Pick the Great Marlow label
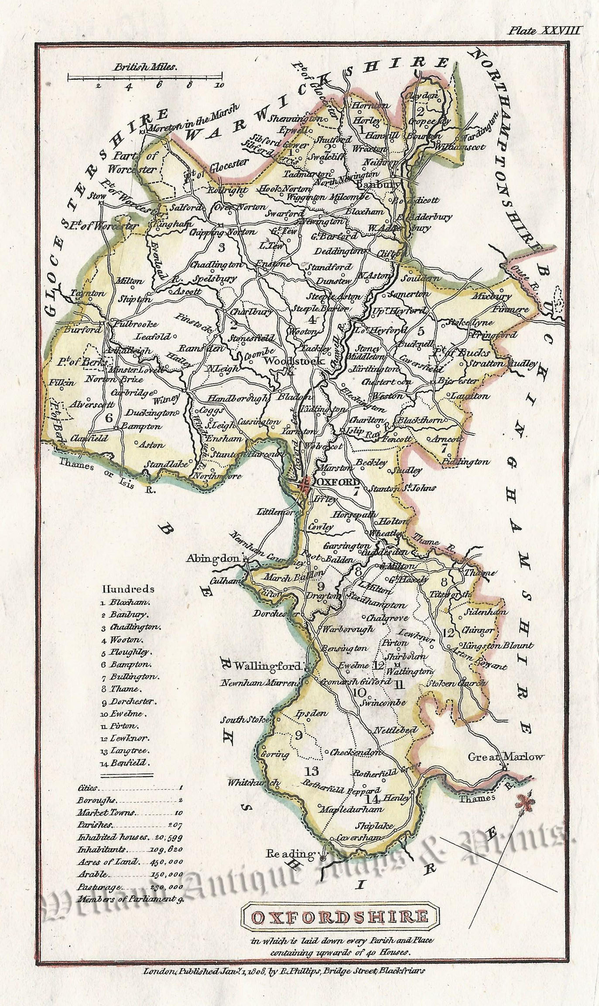[506, 757]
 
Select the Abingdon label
[213, 558]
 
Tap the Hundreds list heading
[128, 589]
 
